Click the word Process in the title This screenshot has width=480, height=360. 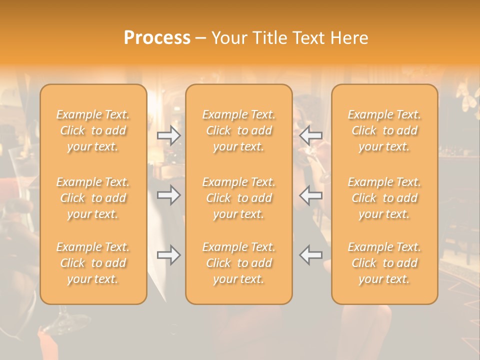tap(157, 38)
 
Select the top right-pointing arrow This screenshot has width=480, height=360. tap(169, 135)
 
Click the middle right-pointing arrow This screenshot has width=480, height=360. tap(169, 195)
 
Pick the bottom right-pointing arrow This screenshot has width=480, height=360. tap(169, 255)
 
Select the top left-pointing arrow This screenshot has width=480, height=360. tap(311, 135)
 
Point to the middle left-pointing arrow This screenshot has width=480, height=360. tap(311, 195)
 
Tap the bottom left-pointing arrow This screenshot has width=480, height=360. tap(311, 255)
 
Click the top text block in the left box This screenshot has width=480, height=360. tap(93, 130)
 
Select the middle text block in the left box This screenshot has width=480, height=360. tap(93, 198)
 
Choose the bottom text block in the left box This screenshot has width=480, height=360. tap(93, 263)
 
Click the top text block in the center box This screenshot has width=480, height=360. tap(239, 130)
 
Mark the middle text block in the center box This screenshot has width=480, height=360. tap(239, 198)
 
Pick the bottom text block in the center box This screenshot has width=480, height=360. tap(239, 263)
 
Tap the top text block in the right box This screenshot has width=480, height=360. tap(384, 130)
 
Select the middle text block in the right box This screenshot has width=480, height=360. tap(384, 198)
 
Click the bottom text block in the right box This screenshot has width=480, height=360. tap(384, 263)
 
